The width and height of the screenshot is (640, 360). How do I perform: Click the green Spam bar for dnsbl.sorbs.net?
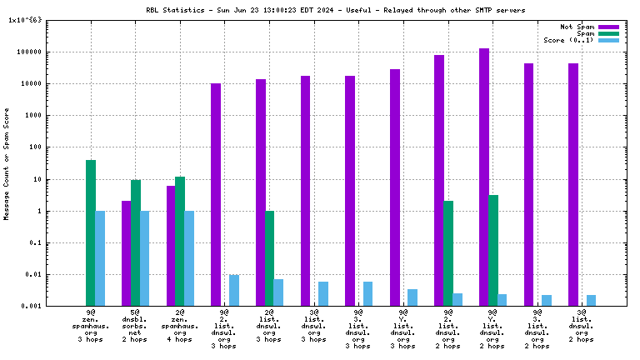(x=136, y=242)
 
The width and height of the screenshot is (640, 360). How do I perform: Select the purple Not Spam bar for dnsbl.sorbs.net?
(x=127, y=253)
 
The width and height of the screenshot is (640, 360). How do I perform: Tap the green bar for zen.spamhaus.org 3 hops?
(x=91, y=232)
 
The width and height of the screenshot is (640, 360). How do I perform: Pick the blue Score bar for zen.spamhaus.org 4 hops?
(x=189, y=258)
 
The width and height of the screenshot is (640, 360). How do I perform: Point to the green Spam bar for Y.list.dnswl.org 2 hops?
(x=493, y=250)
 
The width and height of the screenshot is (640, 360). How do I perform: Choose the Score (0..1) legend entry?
(x=568, y=40)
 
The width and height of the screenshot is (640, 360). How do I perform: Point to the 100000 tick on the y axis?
(x=40, y=52)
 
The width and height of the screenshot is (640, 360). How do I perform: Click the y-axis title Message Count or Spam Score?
(x=7, y=163)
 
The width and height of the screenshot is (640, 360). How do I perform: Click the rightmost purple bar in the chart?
(x=573, y=184)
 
